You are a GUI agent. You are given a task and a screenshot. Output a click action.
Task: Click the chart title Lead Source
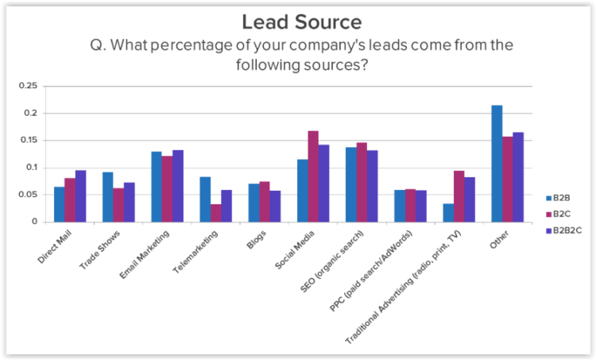[x=300, y=21]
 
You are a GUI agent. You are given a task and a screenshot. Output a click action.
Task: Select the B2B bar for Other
[x=497, y=164]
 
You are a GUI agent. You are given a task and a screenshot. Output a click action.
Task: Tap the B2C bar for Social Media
[x=313, y=176]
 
